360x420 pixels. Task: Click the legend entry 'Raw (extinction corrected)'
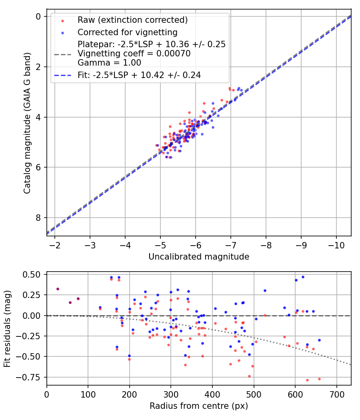coord(132,20)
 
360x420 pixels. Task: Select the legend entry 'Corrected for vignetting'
coord(127,32)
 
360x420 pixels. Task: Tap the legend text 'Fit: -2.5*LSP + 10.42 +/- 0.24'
coord(139,75)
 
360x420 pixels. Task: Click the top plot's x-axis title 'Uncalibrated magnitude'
coord(199,257)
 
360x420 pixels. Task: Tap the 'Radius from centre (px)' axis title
coord(199,406)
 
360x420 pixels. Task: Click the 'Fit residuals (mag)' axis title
coord(7,329)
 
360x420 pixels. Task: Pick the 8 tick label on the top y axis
coord(38,218)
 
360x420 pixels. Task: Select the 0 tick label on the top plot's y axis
coord(38,16)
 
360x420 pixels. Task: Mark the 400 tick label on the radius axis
coord(212,394)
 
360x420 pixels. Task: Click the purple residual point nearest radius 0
coord(58,289)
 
